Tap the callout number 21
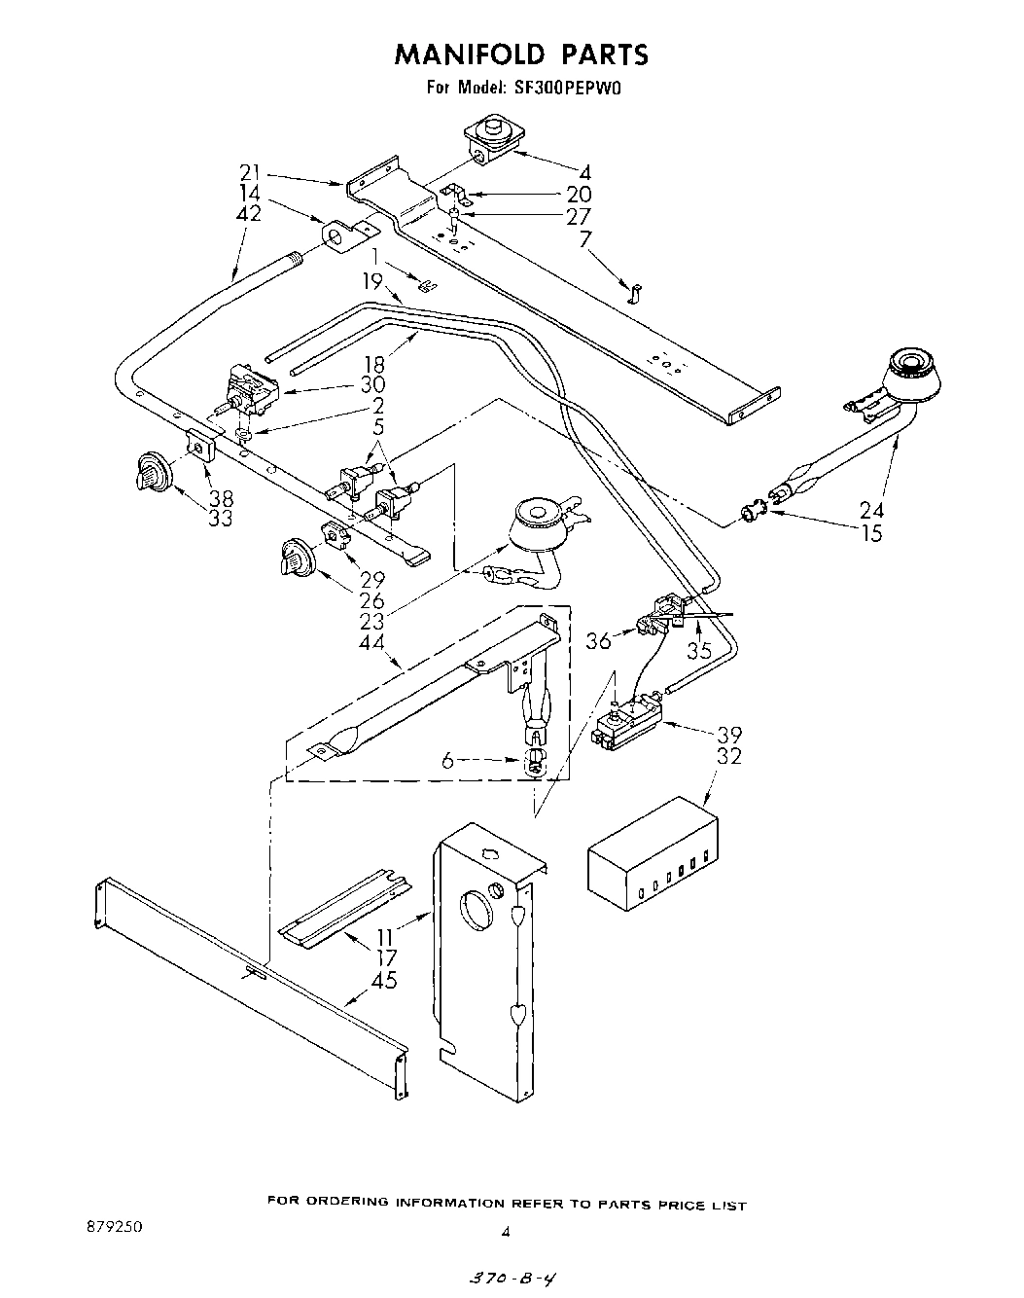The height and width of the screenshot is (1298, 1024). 251,173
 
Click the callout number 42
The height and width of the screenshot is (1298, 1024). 249,214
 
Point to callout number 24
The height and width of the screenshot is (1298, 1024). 872,508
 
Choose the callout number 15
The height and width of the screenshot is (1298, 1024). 872,533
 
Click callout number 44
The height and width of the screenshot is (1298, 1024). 371,642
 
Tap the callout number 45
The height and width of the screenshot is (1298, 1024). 385,981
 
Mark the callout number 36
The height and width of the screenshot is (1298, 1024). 599,641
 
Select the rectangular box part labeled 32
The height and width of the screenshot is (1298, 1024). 652,854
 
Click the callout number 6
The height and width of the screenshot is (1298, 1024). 447,762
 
